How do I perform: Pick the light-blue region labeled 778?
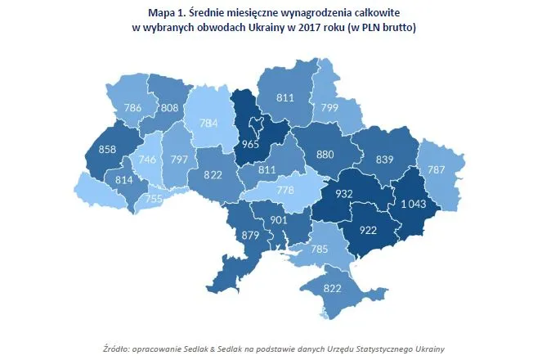click(285, 190)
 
